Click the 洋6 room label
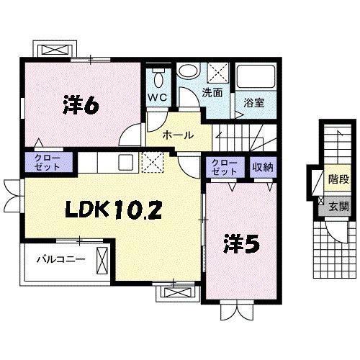click(x=81, y=105)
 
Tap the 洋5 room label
click(x=241, y=244)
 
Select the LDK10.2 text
click(x=114, y=210)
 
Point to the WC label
click(x=158, y=97)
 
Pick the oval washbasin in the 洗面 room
click(x=188, y=71)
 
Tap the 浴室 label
click(x=254, y=103)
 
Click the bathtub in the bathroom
click(x=256, y=77)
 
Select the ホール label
click(x=178, y=135)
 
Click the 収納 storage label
click(x=263, y=167)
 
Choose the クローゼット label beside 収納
click(x=225, y=167)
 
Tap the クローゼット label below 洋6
click(x=47, y=162)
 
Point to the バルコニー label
click(x=61, y=259)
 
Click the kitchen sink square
click(x=125, y=162)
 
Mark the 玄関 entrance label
click(x=338, y=206)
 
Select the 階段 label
click(x=338, y=179)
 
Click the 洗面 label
click(x=212, y=93)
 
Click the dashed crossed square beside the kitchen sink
click(x=153, y=162)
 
